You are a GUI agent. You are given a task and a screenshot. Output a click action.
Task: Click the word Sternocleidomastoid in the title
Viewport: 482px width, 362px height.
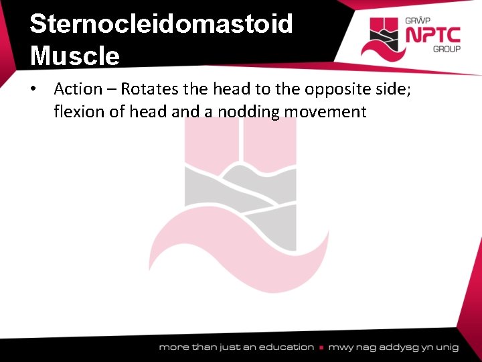click(161, 23)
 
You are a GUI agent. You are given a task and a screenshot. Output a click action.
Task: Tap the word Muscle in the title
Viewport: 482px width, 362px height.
click(75, 55)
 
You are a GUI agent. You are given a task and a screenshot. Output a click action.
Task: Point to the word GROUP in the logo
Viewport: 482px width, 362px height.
click(446, 49)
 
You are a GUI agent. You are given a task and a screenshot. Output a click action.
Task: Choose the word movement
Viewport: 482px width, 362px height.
click(325, 111)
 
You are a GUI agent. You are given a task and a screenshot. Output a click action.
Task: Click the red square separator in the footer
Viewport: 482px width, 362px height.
click(322, 347)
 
